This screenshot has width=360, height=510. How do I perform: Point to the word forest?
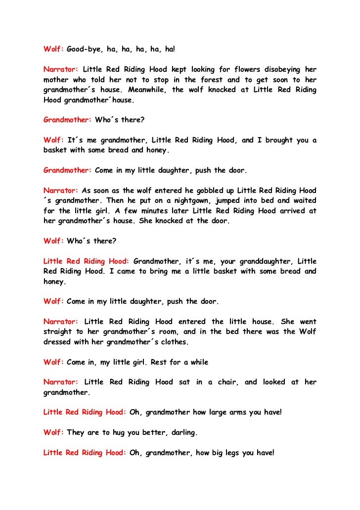pyautogui.click(x=212, y=80)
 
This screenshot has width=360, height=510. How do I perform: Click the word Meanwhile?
pyautogui.click(x=147, y=90)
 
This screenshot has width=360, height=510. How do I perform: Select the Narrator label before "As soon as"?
pyautogui.click(x=61, y=190)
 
